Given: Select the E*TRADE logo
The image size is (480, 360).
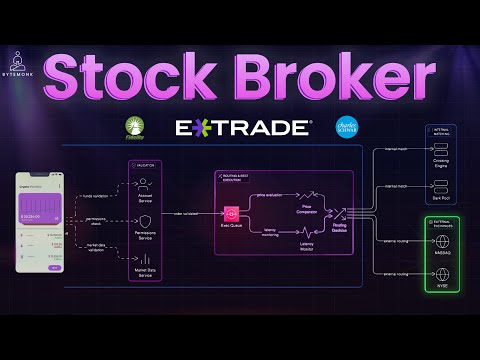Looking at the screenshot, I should [x=243, y=128].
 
